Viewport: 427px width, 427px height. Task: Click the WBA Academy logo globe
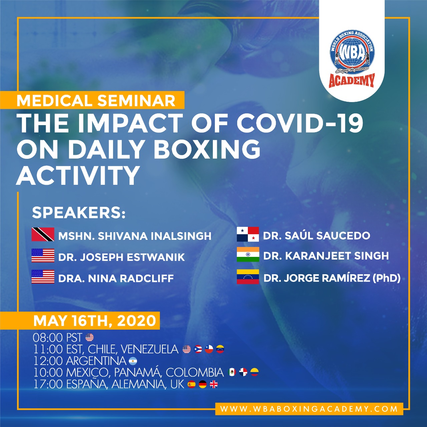pos(352,53)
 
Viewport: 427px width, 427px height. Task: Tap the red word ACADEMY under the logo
pos(352,81)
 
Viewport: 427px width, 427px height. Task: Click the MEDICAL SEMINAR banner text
pos(96,101)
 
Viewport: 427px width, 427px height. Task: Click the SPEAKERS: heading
pos(79,212)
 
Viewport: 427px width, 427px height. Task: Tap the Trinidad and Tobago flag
pos(43,234)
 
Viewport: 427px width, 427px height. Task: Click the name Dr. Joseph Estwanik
pos(121,257)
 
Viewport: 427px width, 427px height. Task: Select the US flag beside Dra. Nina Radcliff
pos(43,277)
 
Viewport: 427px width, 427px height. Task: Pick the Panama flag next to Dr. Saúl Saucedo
pos(248,234)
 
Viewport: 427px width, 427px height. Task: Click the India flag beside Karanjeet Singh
pos(248,255)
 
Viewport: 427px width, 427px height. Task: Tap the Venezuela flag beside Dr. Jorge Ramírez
pos(248,277)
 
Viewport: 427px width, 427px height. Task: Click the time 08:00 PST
pos(58,338)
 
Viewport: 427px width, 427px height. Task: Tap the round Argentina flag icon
pos(133,361)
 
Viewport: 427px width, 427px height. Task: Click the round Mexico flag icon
pos(232,372)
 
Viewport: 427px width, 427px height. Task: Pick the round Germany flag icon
pos(202,384)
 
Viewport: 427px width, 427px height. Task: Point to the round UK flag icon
pos(213,384)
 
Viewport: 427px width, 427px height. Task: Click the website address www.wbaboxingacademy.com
pos(309,409)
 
